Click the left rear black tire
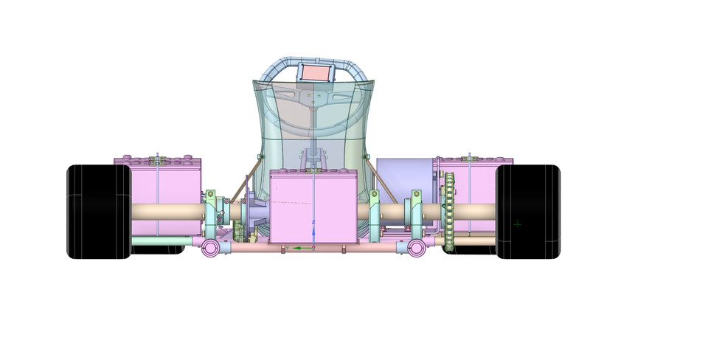(98, 212)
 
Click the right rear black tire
(528, 212)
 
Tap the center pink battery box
(313, 207)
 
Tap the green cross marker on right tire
(518, 224)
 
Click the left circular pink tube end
(211, 249)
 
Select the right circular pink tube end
(417, 248)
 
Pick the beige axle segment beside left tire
(166, 212)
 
